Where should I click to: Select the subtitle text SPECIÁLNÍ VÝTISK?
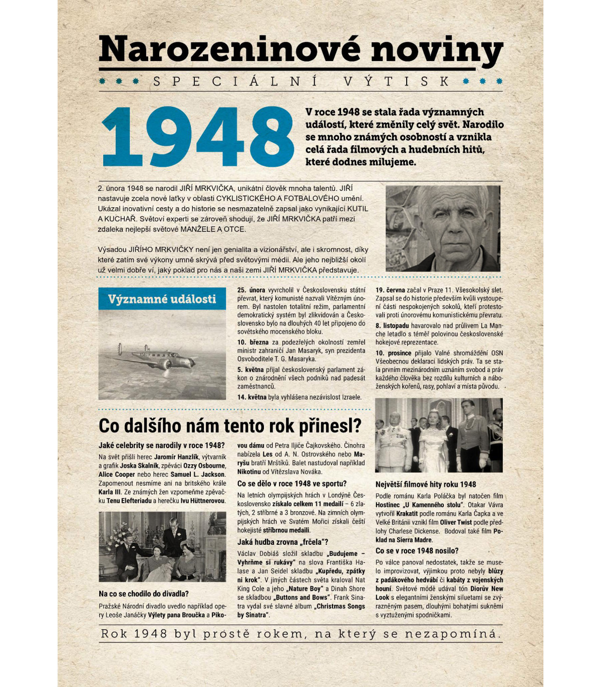click(300, 81)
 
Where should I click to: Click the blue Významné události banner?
click(162, 299)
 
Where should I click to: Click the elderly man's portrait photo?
click(443, 228)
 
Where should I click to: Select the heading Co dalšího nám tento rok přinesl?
click(230, 426)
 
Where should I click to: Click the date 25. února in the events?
click(251, 290)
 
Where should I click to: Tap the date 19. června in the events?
click(390, 290)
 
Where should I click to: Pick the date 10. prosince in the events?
click(394, 353)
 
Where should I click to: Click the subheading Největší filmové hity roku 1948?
click(425, 484)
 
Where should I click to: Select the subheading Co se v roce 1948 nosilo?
click(417, 551)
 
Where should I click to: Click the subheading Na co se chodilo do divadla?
click(143, 594)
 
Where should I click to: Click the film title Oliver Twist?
click(456, 522)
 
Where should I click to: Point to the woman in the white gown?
click(432, 441)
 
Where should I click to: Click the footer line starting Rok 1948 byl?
click(300, 633)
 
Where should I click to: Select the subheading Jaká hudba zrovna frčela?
click(282, 542)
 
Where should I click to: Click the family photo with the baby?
click(162, 547)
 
